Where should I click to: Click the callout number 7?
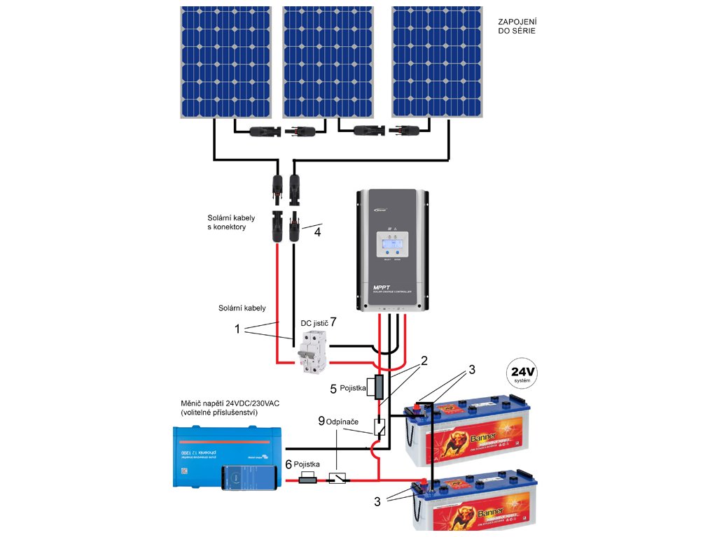[x=333, y=322]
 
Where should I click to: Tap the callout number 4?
[x=317, y=231]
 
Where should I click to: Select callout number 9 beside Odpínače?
[x=321, y=421]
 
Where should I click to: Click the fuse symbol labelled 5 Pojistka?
[x=378, y=387]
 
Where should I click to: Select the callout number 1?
[x=237, y=329]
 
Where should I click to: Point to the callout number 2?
[x=423, y=361]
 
